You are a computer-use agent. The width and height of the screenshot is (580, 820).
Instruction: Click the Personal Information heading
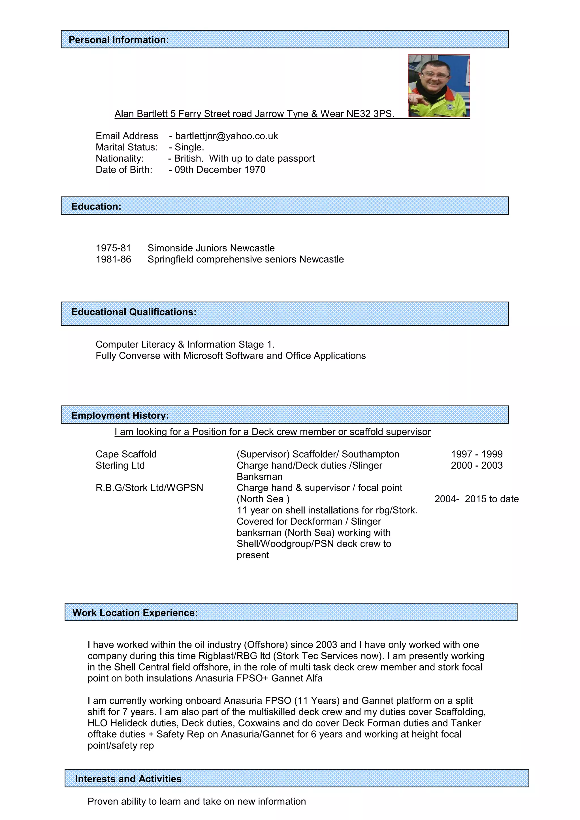[x=119, y=40]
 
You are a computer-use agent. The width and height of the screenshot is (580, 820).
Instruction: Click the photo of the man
[x=439, y=86]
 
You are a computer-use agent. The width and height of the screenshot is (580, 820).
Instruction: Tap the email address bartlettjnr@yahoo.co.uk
[x=227, y=136]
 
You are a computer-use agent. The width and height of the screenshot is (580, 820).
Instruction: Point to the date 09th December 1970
[x=220, y=170]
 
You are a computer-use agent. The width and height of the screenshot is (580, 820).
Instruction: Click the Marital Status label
[x=126, y=147]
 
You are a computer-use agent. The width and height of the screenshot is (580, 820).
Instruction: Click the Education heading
[x=96, y=206]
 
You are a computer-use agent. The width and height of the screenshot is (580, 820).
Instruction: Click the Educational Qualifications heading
[x=134, y=312]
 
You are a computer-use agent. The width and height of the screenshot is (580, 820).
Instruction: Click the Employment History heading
[x=120, y=415]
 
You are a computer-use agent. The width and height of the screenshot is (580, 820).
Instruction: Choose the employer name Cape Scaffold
[x=126, y=454]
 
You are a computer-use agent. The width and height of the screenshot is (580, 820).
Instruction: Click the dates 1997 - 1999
[x=476, y=454]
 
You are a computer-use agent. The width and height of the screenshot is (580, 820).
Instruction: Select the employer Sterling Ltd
[x=120, y=465]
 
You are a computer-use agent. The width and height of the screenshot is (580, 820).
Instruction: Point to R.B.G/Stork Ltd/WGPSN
[x=149, y=488]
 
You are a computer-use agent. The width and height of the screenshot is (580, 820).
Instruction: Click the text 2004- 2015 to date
[x=476, y=499]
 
